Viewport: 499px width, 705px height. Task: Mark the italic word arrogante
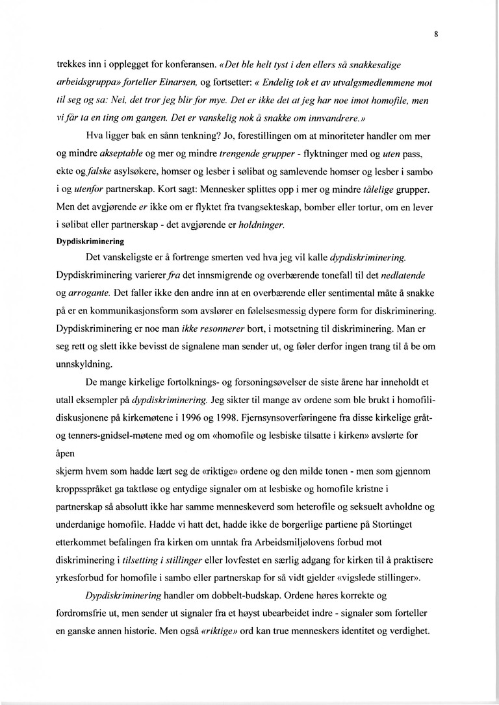(x=92, y=294)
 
